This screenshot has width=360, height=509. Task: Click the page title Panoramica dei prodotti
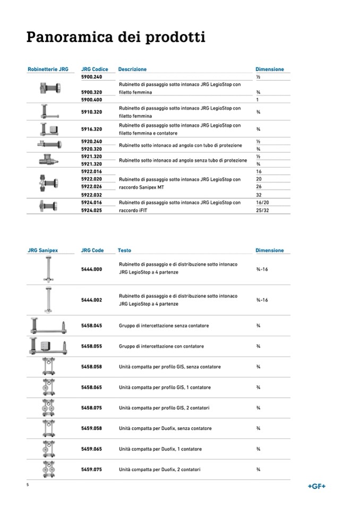coord(116,37)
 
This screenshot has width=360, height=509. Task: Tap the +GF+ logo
coord(316,486)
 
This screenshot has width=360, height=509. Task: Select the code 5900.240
coord(91,77)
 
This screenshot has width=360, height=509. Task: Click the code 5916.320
coord(91,129)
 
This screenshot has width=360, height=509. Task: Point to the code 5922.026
coord(91,187)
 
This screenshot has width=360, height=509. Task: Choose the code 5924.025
coord(91,210)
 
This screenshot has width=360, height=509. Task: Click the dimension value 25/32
coord(262,210)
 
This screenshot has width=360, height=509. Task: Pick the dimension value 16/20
coord(262,203)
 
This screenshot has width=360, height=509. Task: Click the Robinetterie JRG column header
coord(48,69)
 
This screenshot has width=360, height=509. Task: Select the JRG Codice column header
coord(95,69)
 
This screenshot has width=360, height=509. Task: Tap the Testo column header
coord(124,251)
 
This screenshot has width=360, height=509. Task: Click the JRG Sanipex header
coord(43,251)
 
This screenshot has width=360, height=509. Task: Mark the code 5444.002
coord(91,300)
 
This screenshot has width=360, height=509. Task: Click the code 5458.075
coord(91,408)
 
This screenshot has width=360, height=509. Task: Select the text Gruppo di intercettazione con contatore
coord(161,347)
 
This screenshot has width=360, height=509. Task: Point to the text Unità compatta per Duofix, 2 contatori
coord(160,469)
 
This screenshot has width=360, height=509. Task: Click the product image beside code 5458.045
coord(49,325)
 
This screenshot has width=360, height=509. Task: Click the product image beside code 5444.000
coord(48,269)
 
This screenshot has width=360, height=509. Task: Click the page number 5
coord(28,485)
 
